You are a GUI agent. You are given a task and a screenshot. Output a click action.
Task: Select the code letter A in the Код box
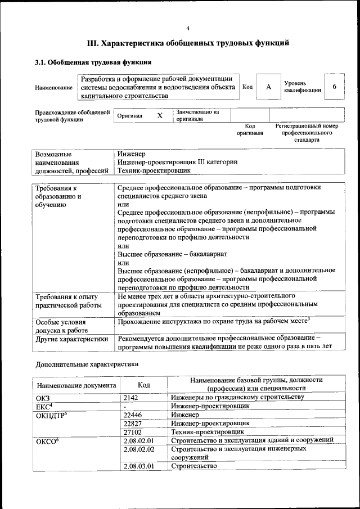[x=268, y=87]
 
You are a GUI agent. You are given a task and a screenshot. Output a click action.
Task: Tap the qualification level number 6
[x=335, y=87]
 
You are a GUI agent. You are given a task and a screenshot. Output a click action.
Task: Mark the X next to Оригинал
[x=160, y=115]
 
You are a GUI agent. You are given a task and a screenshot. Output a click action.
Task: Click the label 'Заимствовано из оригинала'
[x=197, y=115]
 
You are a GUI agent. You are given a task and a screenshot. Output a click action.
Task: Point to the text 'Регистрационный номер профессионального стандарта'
[x=307, y=133]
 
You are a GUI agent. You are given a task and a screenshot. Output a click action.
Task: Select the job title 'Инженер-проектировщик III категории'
[x=177, y=162]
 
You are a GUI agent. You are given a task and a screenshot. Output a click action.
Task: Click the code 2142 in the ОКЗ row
[x=130, y=397]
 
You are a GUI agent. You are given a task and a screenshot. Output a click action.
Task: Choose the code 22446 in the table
[x=133, y=415]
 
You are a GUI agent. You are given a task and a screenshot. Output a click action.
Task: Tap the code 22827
[x=133, y=423]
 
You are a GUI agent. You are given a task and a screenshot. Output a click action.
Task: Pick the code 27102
[x=133, y=431]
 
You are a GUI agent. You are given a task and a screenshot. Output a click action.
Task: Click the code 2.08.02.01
[x=138, y=440]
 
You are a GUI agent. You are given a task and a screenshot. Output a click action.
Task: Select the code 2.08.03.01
[x=138, y=466]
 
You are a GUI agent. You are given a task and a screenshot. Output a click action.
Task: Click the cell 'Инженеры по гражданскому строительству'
[x=237, y=397]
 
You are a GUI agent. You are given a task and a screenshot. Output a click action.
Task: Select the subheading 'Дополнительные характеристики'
[x=87, y=364]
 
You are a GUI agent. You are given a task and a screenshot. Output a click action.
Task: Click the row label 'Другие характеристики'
[x=71, y=339]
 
